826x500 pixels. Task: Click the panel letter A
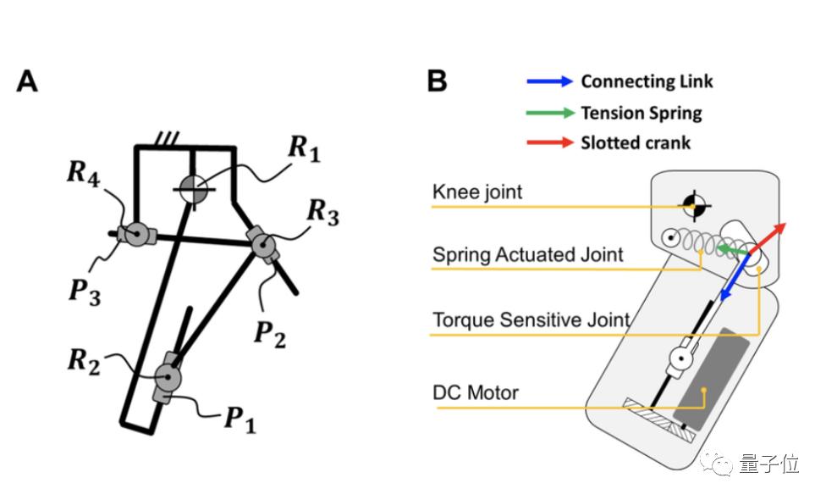click(x=28, y=82)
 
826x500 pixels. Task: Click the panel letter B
click(x=437, y=82)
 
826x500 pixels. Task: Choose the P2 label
click(x=269, y=331)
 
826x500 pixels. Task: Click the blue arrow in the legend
click(x=550, y=82)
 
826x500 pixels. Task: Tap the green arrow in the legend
click(x=550, y=113)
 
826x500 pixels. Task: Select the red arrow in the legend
click(x=550, y=142)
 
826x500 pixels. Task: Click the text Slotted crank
click(x=635, y=142)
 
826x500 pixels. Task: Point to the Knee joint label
click(x=477, y=192)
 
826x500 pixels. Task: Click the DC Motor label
click(x=475, y=392)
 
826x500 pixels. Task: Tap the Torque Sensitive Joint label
click(x=531, y=319)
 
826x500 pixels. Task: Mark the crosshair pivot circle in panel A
click(x=195, y=187)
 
